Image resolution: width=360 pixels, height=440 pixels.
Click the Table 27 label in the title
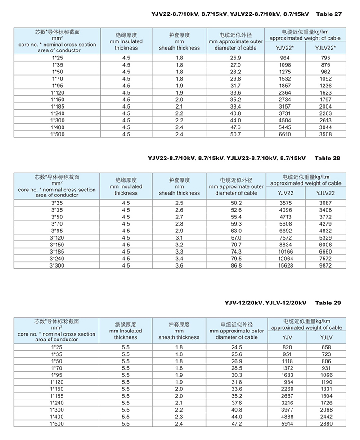(x=329, y=14)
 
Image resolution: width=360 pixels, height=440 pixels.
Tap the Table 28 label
(x=328, y=158)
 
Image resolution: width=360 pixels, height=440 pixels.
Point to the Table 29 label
(x=328, y=303)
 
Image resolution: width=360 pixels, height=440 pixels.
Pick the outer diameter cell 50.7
(x=236, y=134)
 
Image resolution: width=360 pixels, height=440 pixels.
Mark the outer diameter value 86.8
(x=236, y=266)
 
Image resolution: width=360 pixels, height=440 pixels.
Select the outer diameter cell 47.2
(x=237, y=424)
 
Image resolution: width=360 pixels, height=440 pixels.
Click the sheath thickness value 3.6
(x=179, y=266)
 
